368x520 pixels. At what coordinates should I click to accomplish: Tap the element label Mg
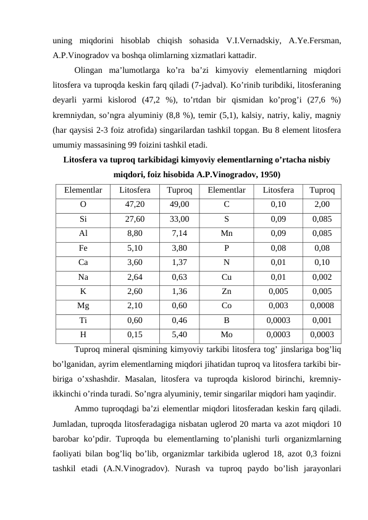click(x=83, y=305)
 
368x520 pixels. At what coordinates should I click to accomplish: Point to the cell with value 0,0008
click(x=321, y=305)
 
